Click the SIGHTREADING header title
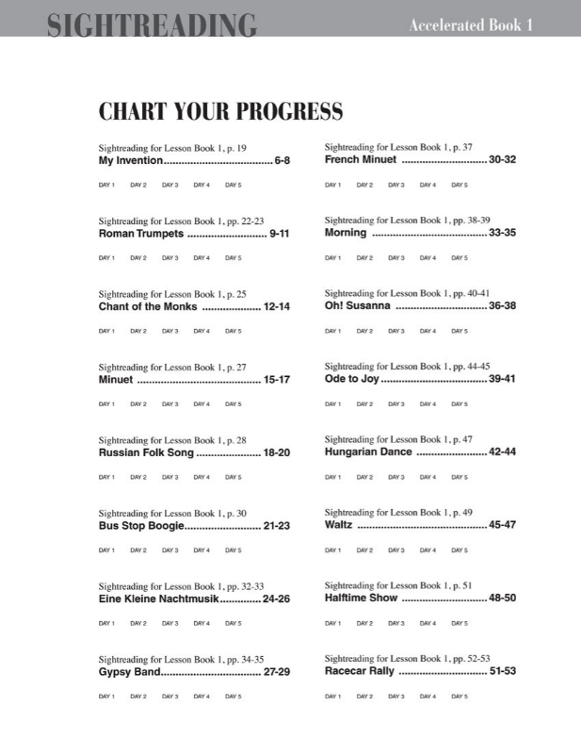[x=151, y=25]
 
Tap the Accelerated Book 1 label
[x=471, y=25]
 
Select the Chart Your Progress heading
[x=220, y=113]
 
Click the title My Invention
[x=125, y=161]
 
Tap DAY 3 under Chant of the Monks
[x=169, y=331]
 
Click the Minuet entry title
[x=116, y=380]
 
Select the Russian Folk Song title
[x=146, y=452]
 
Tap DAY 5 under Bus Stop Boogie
[x=233, y=550]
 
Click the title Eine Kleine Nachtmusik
[x=158, y=599]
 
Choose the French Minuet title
[x=361, y=160]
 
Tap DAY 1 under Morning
[x=332, y=257]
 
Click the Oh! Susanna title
[x=357, y=306]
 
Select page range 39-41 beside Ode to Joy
[x=502, y=380]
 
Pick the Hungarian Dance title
[x=368, y=452]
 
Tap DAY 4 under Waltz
[x=428, y=550]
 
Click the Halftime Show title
[x=361, y=599]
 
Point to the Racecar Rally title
[x=359, y=672]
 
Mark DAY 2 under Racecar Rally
[x=364, y=696]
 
